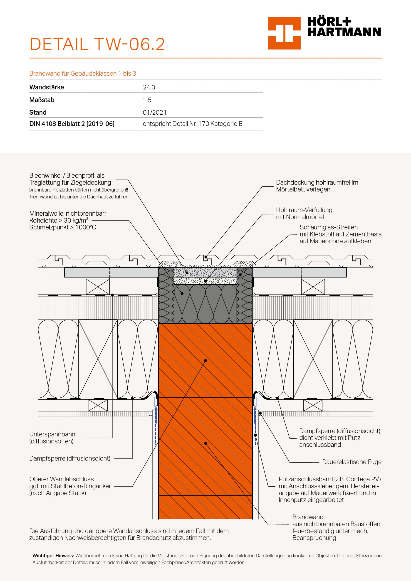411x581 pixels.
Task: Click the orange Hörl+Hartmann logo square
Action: pos(284,33)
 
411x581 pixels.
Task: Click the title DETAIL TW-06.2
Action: pos(97,44)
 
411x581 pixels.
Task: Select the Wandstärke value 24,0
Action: pos(149,87)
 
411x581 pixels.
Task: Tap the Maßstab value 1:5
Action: pos(147,100)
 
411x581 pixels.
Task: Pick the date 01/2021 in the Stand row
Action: pos(154,112)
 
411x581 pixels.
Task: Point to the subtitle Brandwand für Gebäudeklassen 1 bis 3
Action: pos(83,74)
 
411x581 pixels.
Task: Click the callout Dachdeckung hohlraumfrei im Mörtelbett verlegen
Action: pos(317,186)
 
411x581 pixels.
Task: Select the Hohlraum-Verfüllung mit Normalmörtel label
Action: pos(304,213)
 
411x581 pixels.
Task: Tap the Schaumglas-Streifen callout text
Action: pos(340,234)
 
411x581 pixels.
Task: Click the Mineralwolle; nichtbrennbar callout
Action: pos(67,220)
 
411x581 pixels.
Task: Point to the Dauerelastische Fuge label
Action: pos(352,462)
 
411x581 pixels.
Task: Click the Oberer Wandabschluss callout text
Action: pos(70,486)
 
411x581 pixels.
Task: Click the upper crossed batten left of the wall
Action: pos(98,287)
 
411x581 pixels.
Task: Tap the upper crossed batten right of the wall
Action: pos(313,287)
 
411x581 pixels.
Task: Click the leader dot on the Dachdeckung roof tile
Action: pos(206,257)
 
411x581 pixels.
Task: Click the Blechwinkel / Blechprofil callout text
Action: pos(70,179)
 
